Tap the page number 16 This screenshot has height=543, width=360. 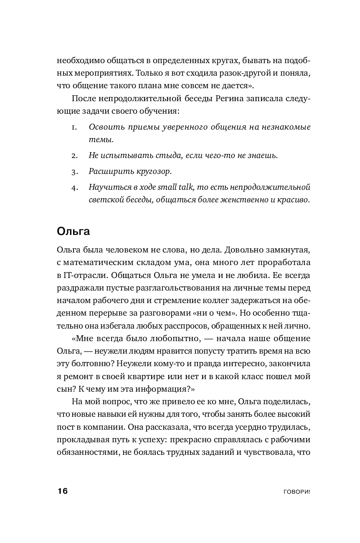click(63, 491)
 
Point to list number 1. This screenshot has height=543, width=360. click(74, 127)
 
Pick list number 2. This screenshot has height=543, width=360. click(74, 156)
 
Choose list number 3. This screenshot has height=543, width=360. click(74, 171)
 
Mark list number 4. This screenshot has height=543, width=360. click(74, 187)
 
